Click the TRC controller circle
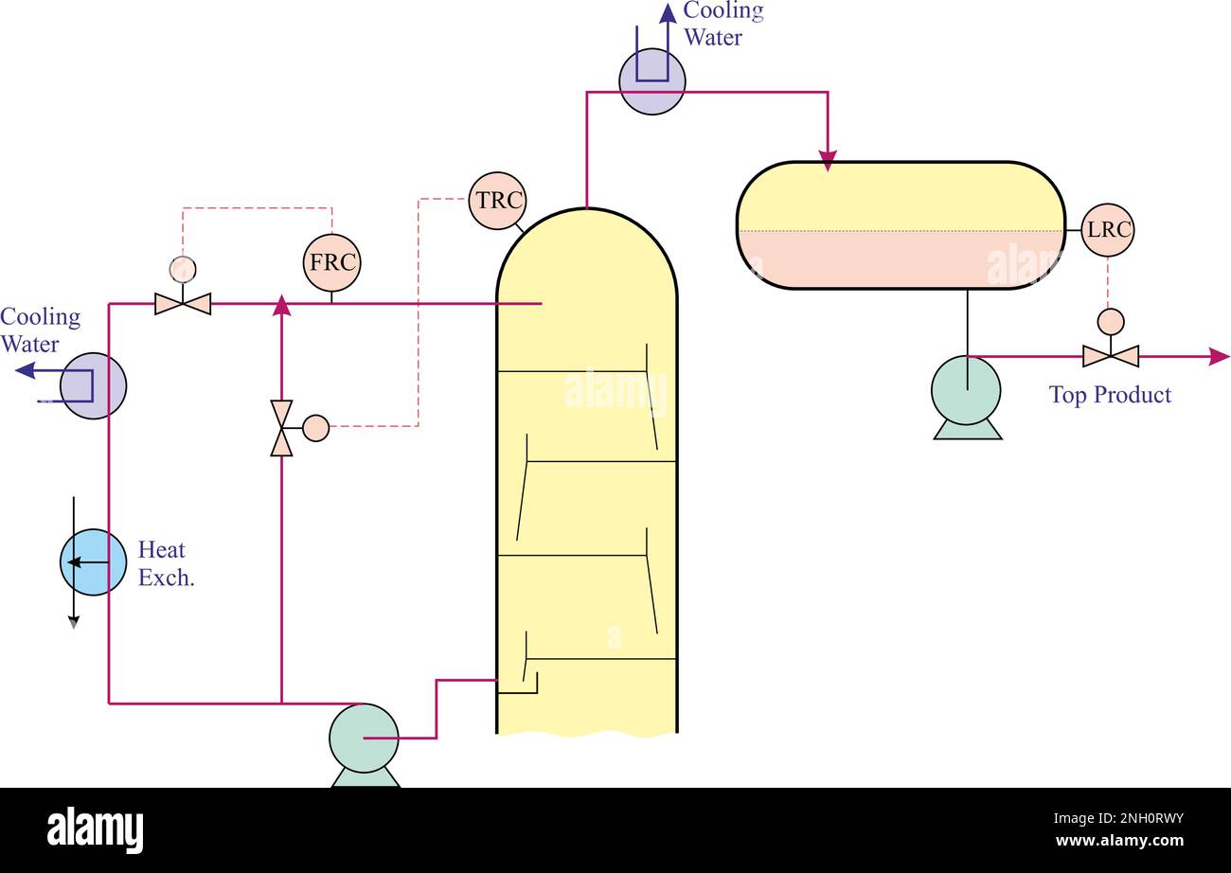coord(497,201)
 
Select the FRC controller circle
coord(332,262)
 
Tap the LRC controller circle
coord(1108,230)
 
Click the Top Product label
coord(1110,395)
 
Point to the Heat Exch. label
coord(167,563)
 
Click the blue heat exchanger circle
coord(93,562)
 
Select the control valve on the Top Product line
coord(1111,355)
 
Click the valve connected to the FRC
coord(183,303)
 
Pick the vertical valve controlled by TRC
coord(282,428)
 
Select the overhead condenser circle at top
coord(652,81)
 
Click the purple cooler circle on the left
coord(93,385)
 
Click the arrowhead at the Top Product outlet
coord(1220,356)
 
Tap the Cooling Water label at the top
coord(723,24)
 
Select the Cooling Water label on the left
coord(40,330)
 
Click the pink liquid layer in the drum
coord(900,259)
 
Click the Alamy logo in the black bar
coord(96,830)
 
